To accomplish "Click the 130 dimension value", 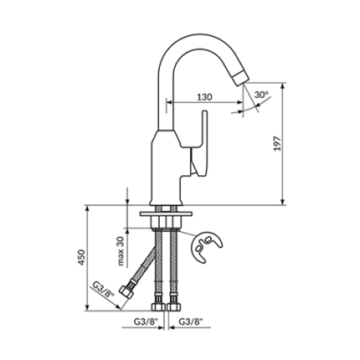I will coord(204,97).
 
